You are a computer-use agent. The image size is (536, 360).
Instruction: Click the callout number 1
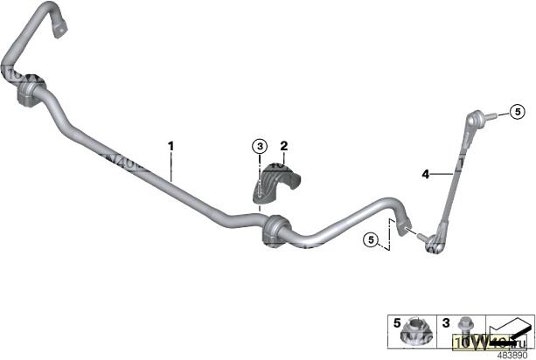[171, 146]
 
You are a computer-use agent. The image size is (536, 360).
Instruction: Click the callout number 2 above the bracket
[283, 145]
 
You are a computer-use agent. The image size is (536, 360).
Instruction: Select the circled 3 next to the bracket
[260, 145]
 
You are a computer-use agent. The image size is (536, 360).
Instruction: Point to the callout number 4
[426, 175]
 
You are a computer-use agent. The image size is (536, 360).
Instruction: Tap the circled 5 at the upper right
[517, 112]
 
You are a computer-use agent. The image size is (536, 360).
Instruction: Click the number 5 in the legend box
[398, 322]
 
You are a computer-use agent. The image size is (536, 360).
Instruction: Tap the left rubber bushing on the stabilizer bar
[31, 91]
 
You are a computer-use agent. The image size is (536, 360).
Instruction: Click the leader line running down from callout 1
[171, 166]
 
